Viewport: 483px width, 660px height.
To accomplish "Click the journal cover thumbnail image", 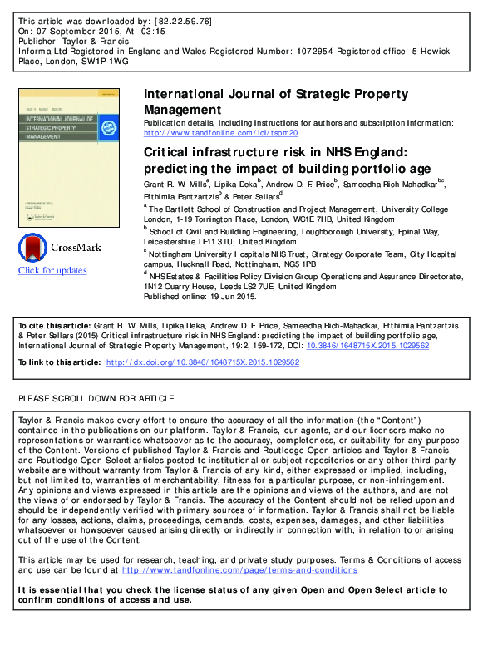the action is pos(68,158).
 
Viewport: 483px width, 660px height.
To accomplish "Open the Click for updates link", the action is pos(52,270).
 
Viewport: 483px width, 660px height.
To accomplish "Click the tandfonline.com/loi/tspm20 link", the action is pos(220,132).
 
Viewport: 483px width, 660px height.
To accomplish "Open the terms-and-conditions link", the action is pos(240,570).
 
